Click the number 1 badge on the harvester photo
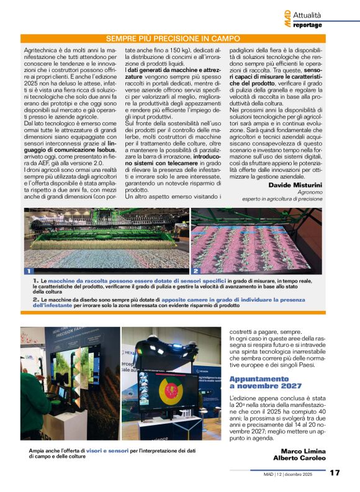click(28, 271)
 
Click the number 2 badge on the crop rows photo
click(196, 271)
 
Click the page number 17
click(335, 473)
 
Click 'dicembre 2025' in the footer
click(305, 473)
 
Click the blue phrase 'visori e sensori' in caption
click(109, 450)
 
